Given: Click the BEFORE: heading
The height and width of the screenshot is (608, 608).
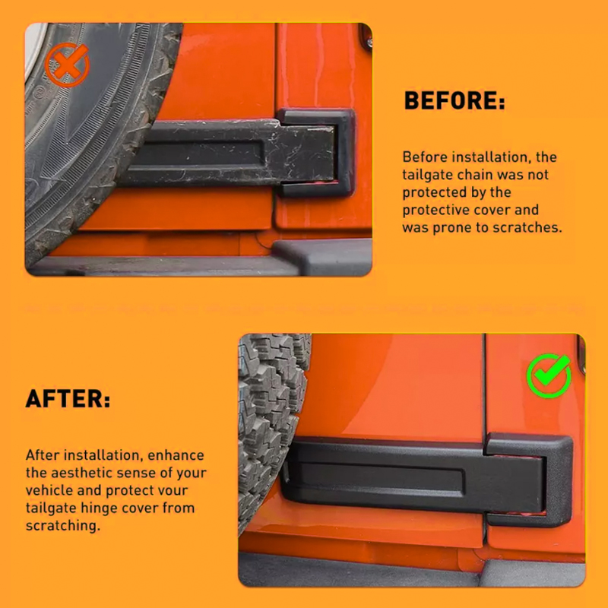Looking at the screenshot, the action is [454, 100].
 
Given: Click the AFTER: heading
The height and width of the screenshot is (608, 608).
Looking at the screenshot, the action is [68, 398].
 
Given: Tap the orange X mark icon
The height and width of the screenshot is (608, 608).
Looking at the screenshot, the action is [67, 65].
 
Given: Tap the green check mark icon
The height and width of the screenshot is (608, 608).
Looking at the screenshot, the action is [549, 375].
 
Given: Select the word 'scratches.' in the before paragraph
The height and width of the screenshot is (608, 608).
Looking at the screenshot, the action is [527, 227].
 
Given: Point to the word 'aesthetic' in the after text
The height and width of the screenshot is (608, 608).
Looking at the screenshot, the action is [81, 473].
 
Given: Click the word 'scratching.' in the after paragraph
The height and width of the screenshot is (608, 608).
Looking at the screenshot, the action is [63, 526].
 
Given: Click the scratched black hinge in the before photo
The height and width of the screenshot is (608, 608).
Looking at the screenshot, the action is [240, 154].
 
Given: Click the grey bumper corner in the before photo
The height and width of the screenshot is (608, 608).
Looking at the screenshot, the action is [322, 257].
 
